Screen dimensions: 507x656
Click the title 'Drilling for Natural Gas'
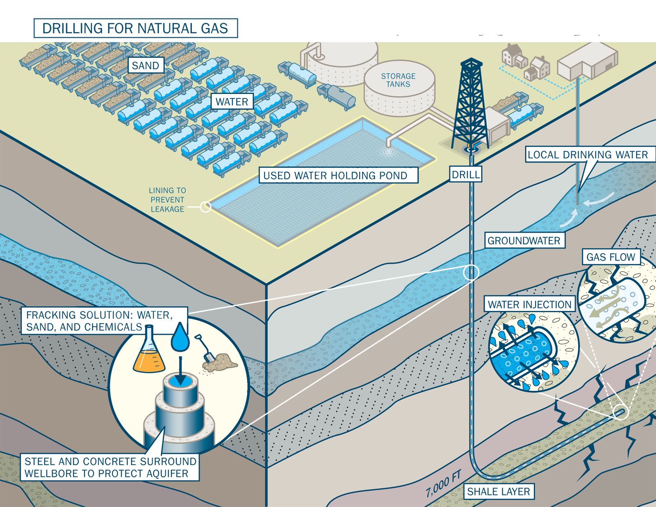[135, 28]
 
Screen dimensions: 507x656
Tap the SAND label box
[146, 66]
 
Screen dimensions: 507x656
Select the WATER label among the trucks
[232, 102]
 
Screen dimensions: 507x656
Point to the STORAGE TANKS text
[398, 80]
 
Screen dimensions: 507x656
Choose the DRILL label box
[465, 175]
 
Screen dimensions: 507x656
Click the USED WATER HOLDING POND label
[338, 175]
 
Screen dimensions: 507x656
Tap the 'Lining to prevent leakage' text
[167, 200]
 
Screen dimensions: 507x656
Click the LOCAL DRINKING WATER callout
[587, 155]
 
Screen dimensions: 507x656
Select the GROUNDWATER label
[524, 240]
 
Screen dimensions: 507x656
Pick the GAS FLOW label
[610, 257]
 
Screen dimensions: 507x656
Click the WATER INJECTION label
[529, 304]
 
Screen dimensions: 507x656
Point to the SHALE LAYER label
[499, 491]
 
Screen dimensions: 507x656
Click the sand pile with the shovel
[219, 361]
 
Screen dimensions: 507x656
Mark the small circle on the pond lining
[205, 207]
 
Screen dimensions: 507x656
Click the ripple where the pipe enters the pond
[388, 152]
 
